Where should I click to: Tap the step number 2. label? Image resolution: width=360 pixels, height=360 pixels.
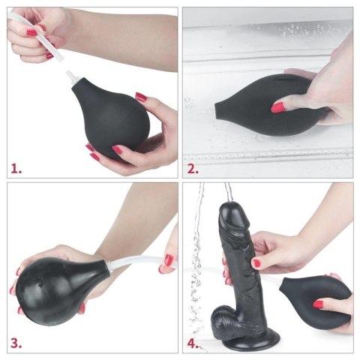193,168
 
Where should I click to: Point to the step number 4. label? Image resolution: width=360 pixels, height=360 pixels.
193,343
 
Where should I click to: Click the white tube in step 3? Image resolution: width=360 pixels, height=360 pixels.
135,262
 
